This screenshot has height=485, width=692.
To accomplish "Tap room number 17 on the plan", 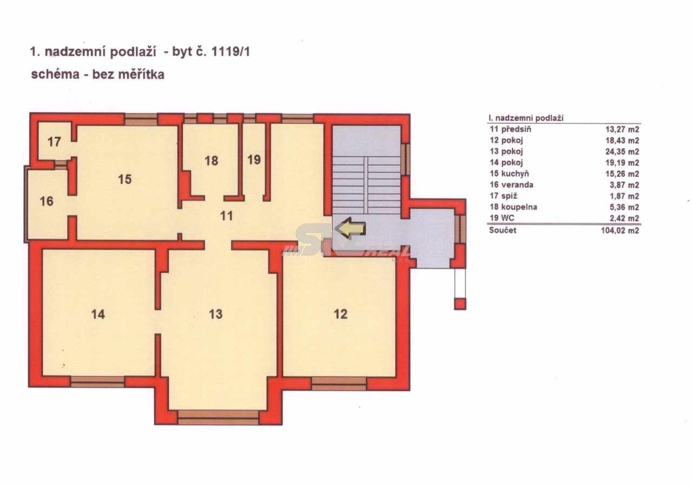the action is pos(54,142).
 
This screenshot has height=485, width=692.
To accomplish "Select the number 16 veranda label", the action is pos(46,202).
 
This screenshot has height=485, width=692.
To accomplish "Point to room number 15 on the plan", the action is pos(125,179).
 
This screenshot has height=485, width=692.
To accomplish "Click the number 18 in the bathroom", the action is pos(211,161).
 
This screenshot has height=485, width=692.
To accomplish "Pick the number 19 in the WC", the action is pos(254,160).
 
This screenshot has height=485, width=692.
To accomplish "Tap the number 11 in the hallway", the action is pos(227,216).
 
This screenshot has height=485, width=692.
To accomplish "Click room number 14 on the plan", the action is pos(98,314).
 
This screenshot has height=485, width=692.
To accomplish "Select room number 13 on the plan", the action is pos(216,314).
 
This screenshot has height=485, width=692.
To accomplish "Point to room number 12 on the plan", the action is pos(341,314).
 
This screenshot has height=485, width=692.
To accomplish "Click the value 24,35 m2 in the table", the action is pos(622,152).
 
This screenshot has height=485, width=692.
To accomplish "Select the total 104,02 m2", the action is pos(620,231).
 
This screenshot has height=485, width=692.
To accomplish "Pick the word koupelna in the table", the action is pos(519,207).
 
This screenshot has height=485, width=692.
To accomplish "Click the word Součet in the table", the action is pos(503,230).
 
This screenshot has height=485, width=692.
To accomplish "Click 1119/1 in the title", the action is pos(230,51).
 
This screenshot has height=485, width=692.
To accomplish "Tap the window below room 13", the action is pos(218,417).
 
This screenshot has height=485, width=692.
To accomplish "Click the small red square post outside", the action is pos(460,304).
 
